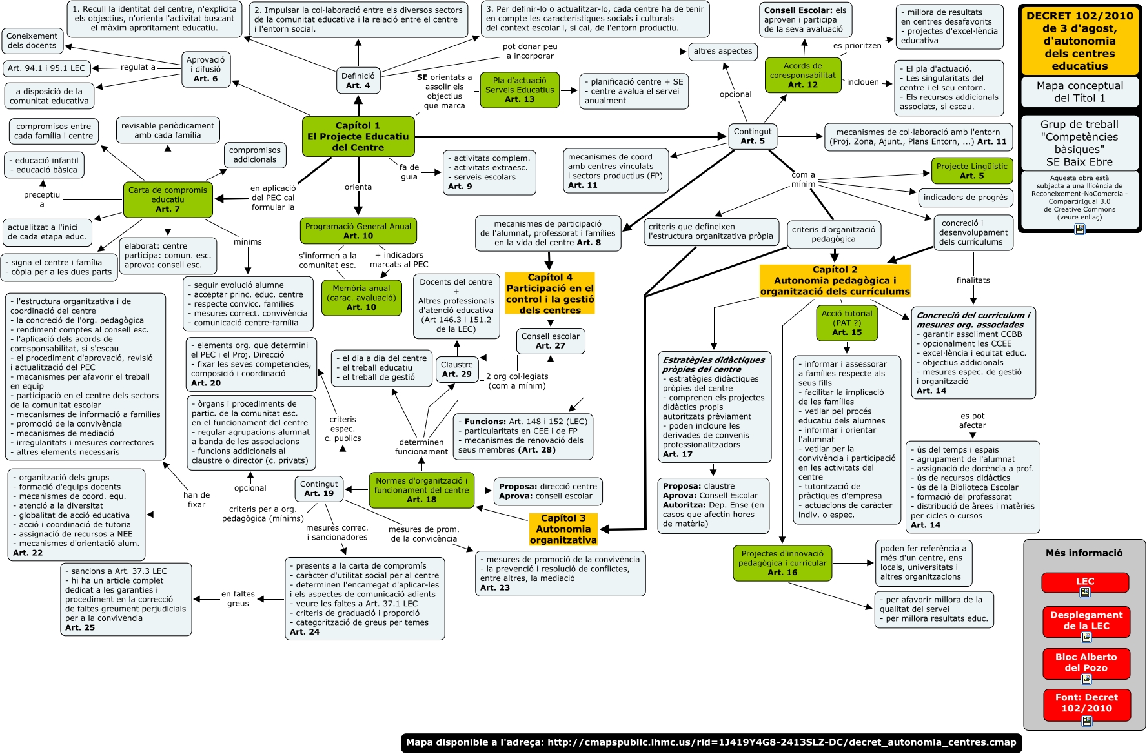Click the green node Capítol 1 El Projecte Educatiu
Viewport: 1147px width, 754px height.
(x=358, y=136)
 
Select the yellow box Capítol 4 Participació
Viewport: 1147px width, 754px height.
(x=550, y=294)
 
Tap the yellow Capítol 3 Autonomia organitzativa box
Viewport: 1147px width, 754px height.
(x=563, y=529)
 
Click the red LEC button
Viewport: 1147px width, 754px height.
(x=1085, y=582)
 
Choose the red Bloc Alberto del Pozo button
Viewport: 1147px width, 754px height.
(x=1086, y=663)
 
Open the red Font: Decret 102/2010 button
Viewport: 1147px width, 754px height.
(x=1086, y=704)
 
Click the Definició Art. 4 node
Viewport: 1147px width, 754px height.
(x=358, y=80)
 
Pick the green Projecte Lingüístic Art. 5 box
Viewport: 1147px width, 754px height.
(x=971, y=170)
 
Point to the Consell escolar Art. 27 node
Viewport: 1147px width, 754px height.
(x=550, y=341)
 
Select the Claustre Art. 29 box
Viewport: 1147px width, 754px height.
(x=456, y=369)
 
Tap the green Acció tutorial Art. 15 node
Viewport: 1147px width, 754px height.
(x=847, y=323)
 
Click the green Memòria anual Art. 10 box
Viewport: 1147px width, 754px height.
(x=361, y=298)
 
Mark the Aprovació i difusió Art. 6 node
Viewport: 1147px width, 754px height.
(x=206, y=69)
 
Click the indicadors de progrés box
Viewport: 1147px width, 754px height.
(x=965, y=198)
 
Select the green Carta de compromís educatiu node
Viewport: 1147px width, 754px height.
(x=168, y=199)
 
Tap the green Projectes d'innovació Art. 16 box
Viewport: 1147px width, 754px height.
(x=782, y=563)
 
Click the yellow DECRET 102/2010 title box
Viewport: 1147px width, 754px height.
(x=1079, y=41)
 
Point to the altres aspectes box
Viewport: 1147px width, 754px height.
(x=722, y=51)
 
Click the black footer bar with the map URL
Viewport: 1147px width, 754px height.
(x=711, y=742)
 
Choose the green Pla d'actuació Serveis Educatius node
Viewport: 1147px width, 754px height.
(x=520, y=90)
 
